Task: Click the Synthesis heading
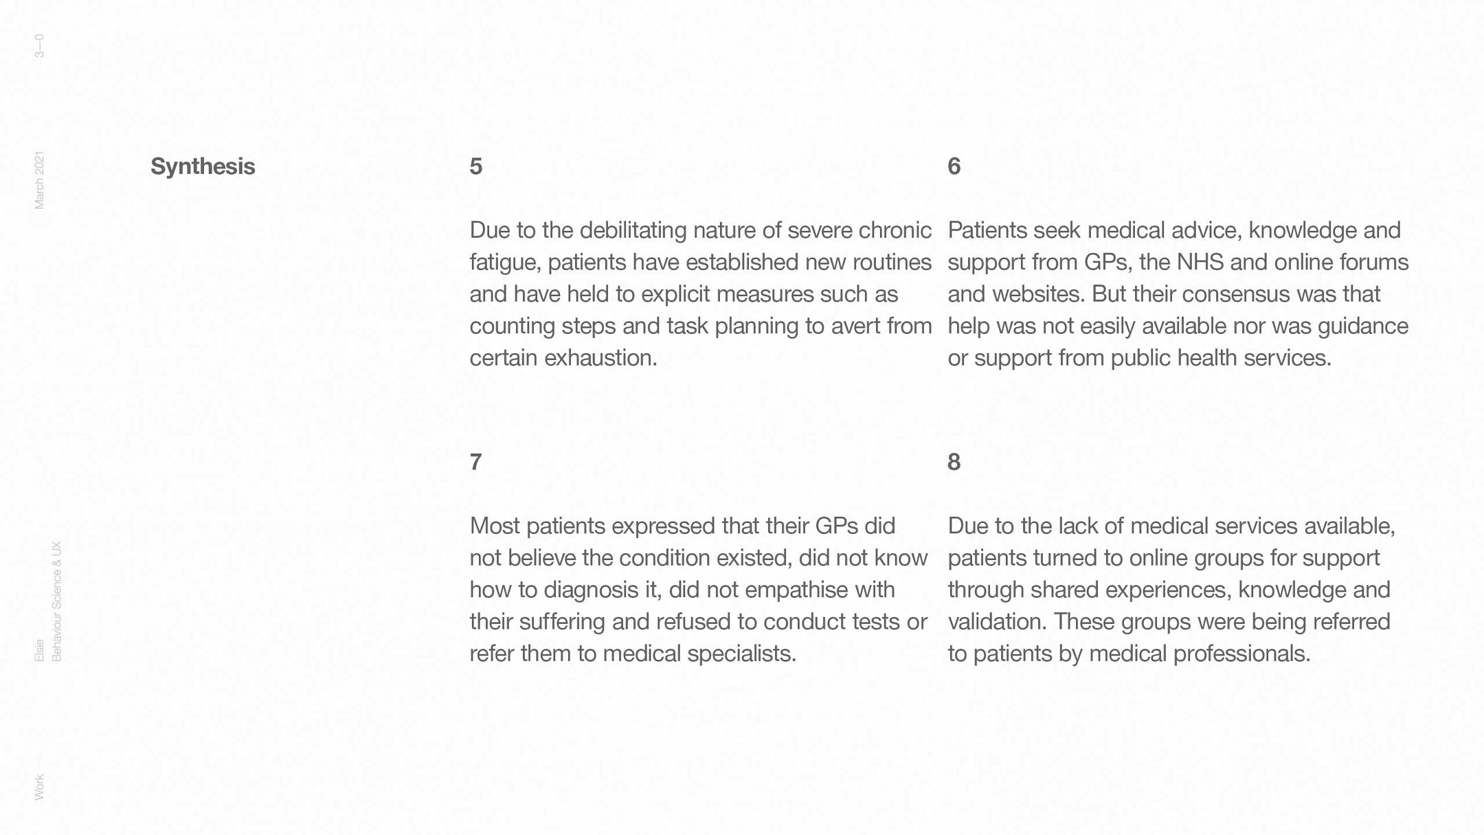point(203,166)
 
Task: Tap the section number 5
point(476,166)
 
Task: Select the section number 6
point(954,166)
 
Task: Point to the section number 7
point(475,462)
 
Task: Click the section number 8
point(954,462)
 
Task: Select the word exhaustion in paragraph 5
point(600,358)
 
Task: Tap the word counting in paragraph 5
point(512,326)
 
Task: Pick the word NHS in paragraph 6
point(1200,263)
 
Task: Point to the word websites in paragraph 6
point(1037,294)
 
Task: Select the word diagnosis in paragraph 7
point(590,590)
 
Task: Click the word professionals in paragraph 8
point(1241,654)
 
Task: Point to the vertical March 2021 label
point(39,180)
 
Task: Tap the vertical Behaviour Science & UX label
point(57,601)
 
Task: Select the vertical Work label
point(39,787)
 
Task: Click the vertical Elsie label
point(39,650)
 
